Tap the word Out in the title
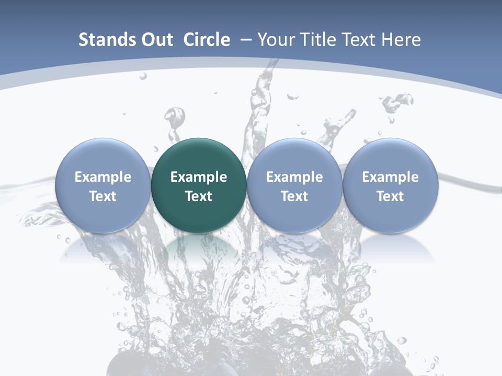tap(156, 40)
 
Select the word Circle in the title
tap(207, 40)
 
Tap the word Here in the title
tap(402, 40)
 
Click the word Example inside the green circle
tap(199, 177)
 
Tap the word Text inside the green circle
tap(199, 196)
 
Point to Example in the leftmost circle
tap(102, 177)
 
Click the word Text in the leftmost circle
tap(102, 196)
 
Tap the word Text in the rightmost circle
tap(391, 196)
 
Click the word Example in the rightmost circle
tap(391, 177)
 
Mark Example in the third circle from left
tap(294, 177)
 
